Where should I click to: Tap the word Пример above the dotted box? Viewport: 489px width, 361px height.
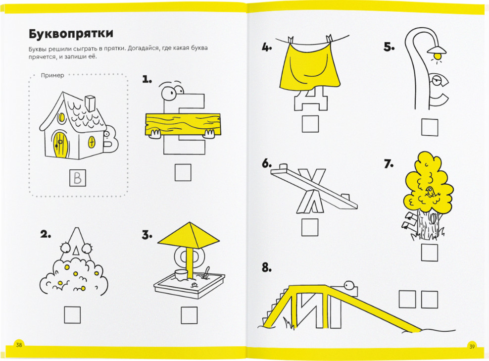coord(52,75)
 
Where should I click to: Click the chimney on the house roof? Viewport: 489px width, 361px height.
coord(90,103)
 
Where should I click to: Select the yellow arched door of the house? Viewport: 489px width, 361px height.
coord(60,145)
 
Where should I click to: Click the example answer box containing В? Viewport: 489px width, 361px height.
coord(78,178)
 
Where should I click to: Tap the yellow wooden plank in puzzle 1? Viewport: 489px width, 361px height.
coord(183,124)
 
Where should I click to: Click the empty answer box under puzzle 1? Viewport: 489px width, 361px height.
coord(183,172)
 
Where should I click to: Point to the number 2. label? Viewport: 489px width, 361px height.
coord(46,234)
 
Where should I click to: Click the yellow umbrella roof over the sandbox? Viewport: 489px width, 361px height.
coord(189,235)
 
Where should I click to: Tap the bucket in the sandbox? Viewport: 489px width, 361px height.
coord(181,274)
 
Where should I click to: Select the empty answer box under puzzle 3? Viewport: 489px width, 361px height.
coord(189,315)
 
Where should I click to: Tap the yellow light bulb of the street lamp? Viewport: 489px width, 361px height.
coord(438,56)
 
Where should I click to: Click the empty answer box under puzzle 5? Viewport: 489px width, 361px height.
coord(430,127)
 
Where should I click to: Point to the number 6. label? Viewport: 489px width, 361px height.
coord(267,163)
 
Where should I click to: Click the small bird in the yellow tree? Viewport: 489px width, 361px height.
coord(430,191)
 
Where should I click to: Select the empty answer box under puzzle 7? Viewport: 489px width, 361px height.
coord(430,253)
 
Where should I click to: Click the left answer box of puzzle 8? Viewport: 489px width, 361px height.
coord(407,299)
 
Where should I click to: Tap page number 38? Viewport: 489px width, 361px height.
coord(19,345)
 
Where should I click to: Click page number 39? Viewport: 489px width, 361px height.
coord(472,346)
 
